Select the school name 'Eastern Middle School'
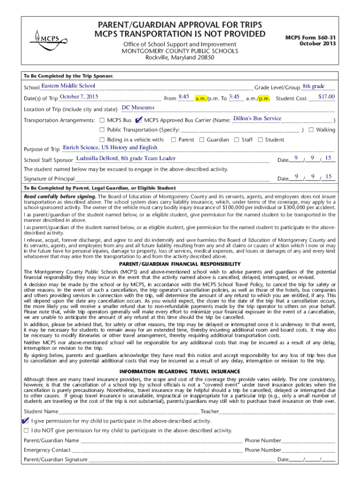coord(68,86)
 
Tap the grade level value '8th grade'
coord(313,86)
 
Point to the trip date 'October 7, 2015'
coord(79,96)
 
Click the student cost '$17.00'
coord(326,96)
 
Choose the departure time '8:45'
coord(183,96)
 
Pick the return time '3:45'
coord(234,96)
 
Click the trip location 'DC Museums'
coord(138,108)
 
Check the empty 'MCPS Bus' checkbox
coord(102,120)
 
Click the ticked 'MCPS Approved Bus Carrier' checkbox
coord(139,120)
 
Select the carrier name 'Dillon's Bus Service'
coord(257,118)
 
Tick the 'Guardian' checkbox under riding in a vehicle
coord(202,139)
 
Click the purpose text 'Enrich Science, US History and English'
coord(110,147)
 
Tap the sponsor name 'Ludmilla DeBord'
coord(97,158)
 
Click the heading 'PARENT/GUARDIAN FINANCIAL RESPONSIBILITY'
coord(180,264)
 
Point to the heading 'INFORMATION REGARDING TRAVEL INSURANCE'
coord(180,372)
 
